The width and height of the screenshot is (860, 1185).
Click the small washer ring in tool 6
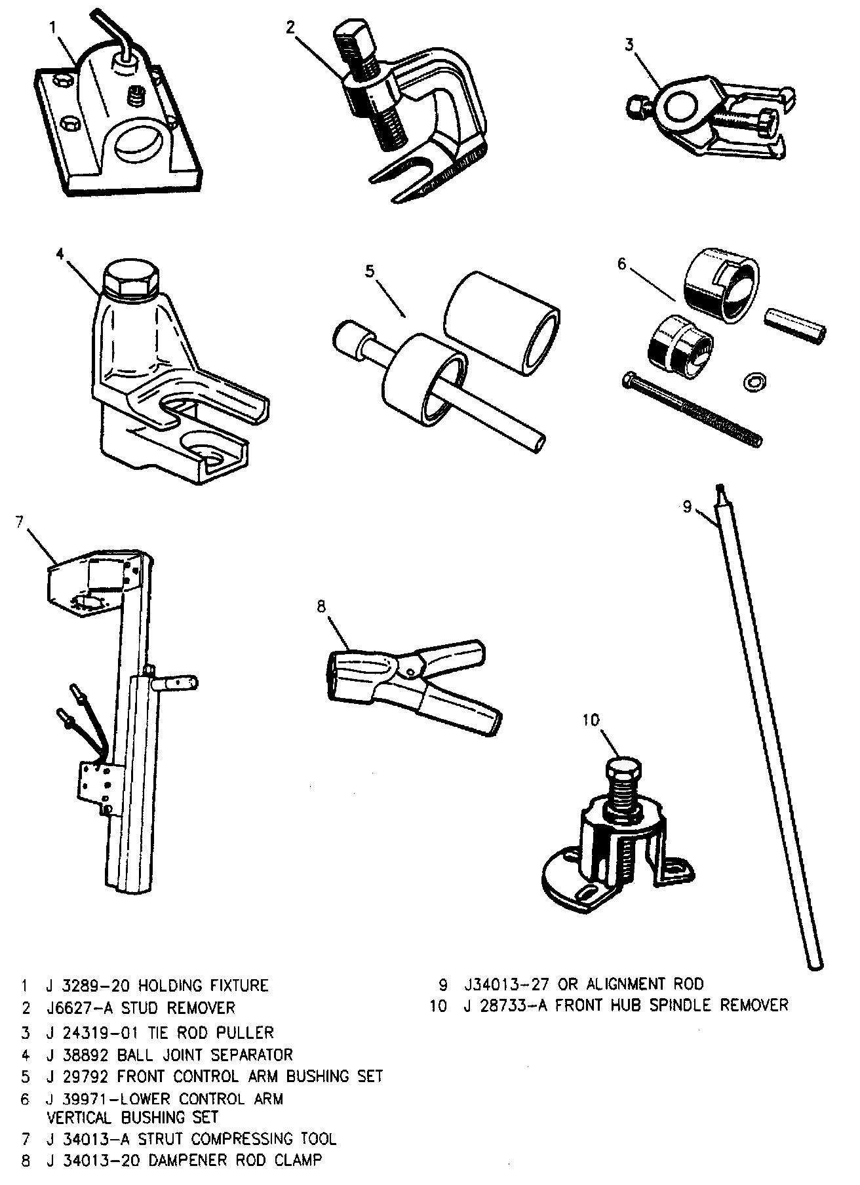click(753, 380)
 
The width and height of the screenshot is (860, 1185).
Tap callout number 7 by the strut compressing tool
click(20, 522)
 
